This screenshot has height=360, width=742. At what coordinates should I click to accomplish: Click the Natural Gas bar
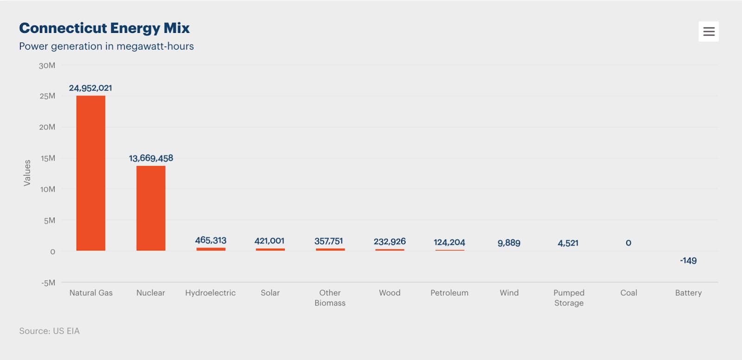point(91,173)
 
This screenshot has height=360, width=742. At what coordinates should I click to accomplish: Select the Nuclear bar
point(151,208)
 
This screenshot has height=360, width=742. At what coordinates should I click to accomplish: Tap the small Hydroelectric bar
point(211,249)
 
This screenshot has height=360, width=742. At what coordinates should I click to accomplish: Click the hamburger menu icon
point(709,32)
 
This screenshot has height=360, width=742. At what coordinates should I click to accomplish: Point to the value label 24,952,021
point(90,88)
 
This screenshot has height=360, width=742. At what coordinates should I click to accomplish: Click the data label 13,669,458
point(151,158)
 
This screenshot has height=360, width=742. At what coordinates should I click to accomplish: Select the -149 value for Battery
point(688,261)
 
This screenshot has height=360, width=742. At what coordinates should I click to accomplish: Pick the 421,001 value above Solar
point(269,241)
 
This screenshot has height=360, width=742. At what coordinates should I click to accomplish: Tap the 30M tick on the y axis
point(47,65)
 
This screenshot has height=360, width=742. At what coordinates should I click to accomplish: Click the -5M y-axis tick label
point(48,283)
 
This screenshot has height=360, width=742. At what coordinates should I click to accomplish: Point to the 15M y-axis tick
point(48,158)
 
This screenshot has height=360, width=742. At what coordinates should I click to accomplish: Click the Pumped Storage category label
point(569,298)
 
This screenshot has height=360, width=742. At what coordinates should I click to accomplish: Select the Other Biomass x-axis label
point(330,298)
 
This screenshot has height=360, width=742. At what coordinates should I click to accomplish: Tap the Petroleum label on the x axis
point(449,293)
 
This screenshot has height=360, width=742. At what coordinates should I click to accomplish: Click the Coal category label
point(628,293)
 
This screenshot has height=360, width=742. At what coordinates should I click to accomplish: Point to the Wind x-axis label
point(509,293)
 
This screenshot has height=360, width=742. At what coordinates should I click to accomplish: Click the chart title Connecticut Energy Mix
point(104,28)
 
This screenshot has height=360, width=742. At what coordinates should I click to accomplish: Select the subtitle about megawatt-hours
point(106,46)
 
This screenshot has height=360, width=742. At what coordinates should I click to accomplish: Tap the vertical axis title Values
point(27,173)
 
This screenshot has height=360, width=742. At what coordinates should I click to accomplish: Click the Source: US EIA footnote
point(49,331)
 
